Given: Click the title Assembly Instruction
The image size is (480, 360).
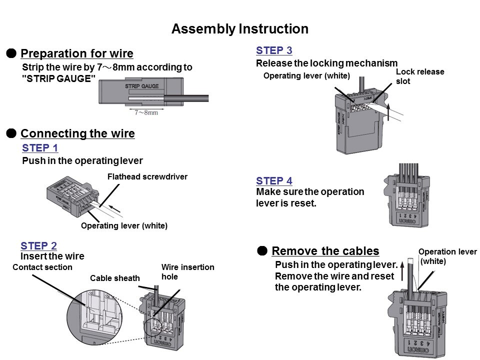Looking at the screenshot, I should (x=239, y=29).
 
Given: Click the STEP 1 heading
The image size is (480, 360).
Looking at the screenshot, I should (x=40, y=148).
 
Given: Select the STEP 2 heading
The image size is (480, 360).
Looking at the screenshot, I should (x=38, y=245).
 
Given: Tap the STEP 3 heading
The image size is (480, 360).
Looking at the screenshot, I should (x=274, y=50).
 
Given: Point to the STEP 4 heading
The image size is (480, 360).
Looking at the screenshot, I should (x=274, y=181).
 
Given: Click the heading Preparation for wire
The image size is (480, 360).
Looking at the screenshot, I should (x=77, y=53).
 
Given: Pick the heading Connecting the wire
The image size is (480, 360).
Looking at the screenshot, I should (x=77, y=133).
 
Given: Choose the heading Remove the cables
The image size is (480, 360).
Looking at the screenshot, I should (x=325, y=250).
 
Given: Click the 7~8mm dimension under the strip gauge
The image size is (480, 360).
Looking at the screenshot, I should (x=146, y=112).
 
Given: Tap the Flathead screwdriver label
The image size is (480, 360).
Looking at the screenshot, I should (x=147, y=176).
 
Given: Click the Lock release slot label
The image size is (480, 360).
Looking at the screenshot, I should (x=420, y=76).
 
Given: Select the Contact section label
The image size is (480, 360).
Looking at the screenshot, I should (x=42, y=267).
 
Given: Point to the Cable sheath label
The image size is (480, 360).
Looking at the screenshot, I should (x=115, y=278).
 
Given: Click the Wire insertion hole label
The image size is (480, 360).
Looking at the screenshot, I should (x=187, y=271).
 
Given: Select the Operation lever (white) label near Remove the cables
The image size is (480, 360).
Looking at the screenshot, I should (x=447, y=256).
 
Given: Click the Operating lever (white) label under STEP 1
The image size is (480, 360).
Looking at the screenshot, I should (x=124, y=226).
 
